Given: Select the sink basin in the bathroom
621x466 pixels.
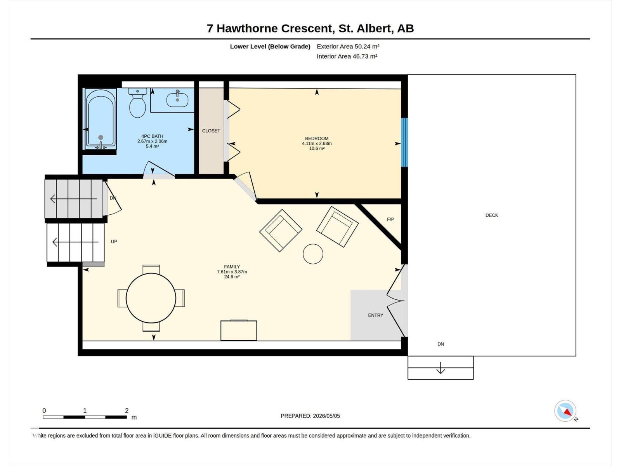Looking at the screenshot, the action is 177,100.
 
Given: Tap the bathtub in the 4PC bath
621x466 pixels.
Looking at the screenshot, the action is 101,118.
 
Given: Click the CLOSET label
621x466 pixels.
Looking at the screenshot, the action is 211,131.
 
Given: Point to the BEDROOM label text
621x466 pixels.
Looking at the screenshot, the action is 317,138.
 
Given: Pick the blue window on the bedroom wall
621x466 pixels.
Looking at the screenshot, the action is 404,142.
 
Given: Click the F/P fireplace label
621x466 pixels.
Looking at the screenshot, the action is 390,219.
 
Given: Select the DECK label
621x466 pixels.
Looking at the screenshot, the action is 492,215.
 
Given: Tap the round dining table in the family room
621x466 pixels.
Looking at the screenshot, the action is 151,298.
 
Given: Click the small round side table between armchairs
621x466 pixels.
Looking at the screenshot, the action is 313,254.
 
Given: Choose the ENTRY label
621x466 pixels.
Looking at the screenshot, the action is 376,315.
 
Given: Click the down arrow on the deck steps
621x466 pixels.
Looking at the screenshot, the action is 441,367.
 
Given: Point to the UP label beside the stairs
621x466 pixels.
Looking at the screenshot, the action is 114,242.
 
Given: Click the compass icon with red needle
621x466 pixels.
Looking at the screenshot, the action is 565,411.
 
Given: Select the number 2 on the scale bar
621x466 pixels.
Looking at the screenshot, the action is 127,410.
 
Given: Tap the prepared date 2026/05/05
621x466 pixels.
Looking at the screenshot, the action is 326,416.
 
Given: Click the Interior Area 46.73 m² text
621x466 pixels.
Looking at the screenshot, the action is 347,56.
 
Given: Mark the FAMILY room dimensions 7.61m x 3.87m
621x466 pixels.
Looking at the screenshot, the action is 232,271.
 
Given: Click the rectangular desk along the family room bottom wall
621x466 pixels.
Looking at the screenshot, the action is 239,330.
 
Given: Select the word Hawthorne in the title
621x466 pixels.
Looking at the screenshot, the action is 246,29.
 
